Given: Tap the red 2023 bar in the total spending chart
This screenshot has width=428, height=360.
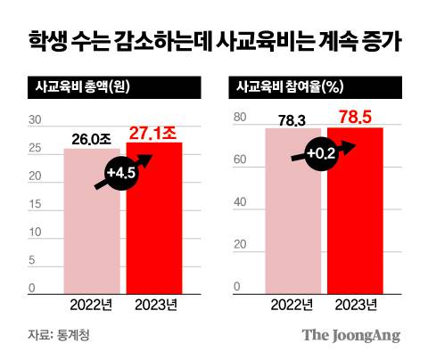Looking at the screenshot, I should click(154, 223).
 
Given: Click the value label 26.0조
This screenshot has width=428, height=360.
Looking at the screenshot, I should click(94, 138).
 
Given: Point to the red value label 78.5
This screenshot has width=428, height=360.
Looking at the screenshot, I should click(356, 117).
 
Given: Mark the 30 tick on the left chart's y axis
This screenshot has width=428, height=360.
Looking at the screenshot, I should click(35, 121).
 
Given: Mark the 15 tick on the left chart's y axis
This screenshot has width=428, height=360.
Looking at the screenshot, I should click(35, 205).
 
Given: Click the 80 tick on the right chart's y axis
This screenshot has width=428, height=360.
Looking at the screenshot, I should click(238, 119).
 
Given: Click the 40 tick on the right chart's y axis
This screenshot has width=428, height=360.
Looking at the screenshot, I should click(238, 202).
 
